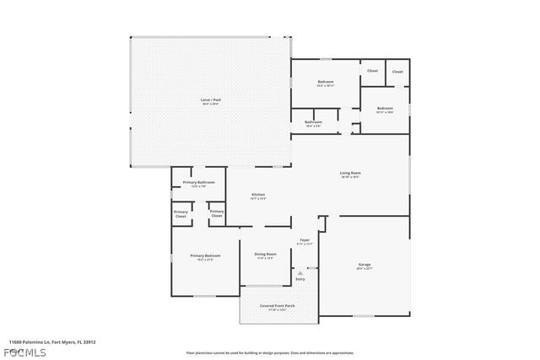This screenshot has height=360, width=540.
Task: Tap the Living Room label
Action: tap(350, 174)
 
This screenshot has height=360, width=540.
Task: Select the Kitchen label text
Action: tap(258, 196)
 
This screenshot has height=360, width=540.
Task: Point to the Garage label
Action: tap(364, 264)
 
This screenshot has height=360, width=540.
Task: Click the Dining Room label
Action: tap(266, 254)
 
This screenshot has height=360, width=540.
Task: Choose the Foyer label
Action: tap(305, 239)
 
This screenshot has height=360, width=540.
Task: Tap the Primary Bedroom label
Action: tap(202, 255)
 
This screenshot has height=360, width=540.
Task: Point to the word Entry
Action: tap(300, 279)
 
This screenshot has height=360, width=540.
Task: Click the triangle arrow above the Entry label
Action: tap(300, 272)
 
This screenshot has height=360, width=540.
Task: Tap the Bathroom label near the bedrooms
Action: tap(313, 122)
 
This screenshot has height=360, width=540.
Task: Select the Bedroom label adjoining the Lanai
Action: tap(325, 82)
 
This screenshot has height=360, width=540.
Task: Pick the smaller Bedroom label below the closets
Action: tap(385, 108)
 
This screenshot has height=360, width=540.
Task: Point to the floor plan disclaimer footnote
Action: tap(269, 352)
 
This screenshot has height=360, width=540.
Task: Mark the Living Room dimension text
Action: tap(350, 177)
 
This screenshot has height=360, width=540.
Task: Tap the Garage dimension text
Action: tap(364, 268)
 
